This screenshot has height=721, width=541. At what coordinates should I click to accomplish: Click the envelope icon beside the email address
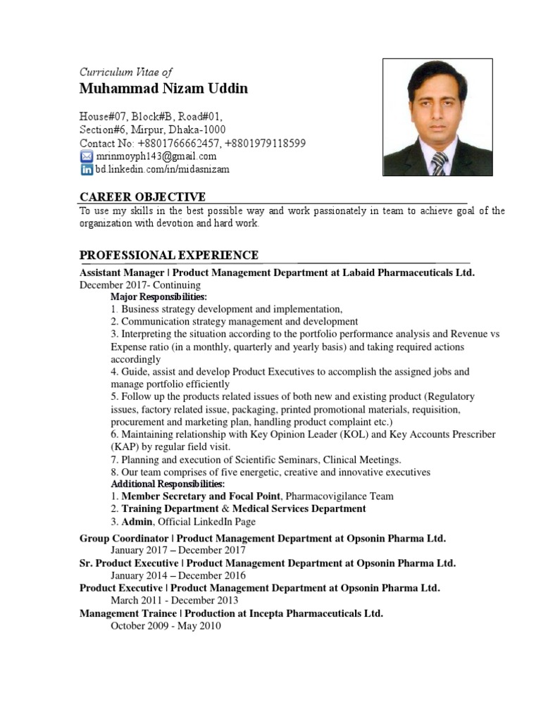click(86, 156)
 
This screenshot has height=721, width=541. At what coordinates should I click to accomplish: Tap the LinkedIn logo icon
click(86, 170)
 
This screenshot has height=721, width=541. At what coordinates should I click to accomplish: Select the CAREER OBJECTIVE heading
click(142, 196)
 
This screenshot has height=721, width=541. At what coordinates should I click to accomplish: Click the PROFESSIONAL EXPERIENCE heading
click(168, 255)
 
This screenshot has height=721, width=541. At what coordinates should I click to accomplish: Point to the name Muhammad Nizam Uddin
click(163, 89)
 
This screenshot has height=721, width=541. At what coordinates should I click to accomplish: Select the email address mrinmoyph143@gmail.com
click(156, 156)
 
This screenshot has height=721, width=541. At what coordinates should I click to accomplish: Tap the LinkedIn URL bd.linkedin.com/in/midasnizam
click(162, 170)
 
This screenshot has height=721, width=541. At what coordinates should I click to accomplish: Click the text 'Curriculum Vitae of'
click(125, 72)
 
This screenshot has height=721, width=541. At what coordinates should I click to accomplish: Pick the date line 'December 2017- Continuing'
click(139, 285)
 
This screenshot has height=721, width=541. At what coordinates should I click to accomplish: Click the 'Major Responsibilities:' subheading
click(158, 297)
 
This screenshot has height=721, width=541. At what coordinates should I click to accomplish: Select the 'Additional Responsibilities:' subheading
click(168, 484)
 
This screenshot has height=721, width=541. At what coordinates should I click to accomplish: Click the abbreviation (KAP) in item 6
click(123, 447)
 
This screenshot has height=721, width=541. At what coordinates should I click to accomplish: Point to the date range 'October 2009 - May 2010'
click(166, 625)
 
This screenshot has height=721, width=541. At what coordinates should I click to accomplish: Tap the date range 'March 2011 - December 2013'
click(174, 601)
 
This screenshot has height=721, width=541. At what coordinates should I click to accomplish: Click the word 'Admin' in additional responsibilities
click(137, 522)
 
